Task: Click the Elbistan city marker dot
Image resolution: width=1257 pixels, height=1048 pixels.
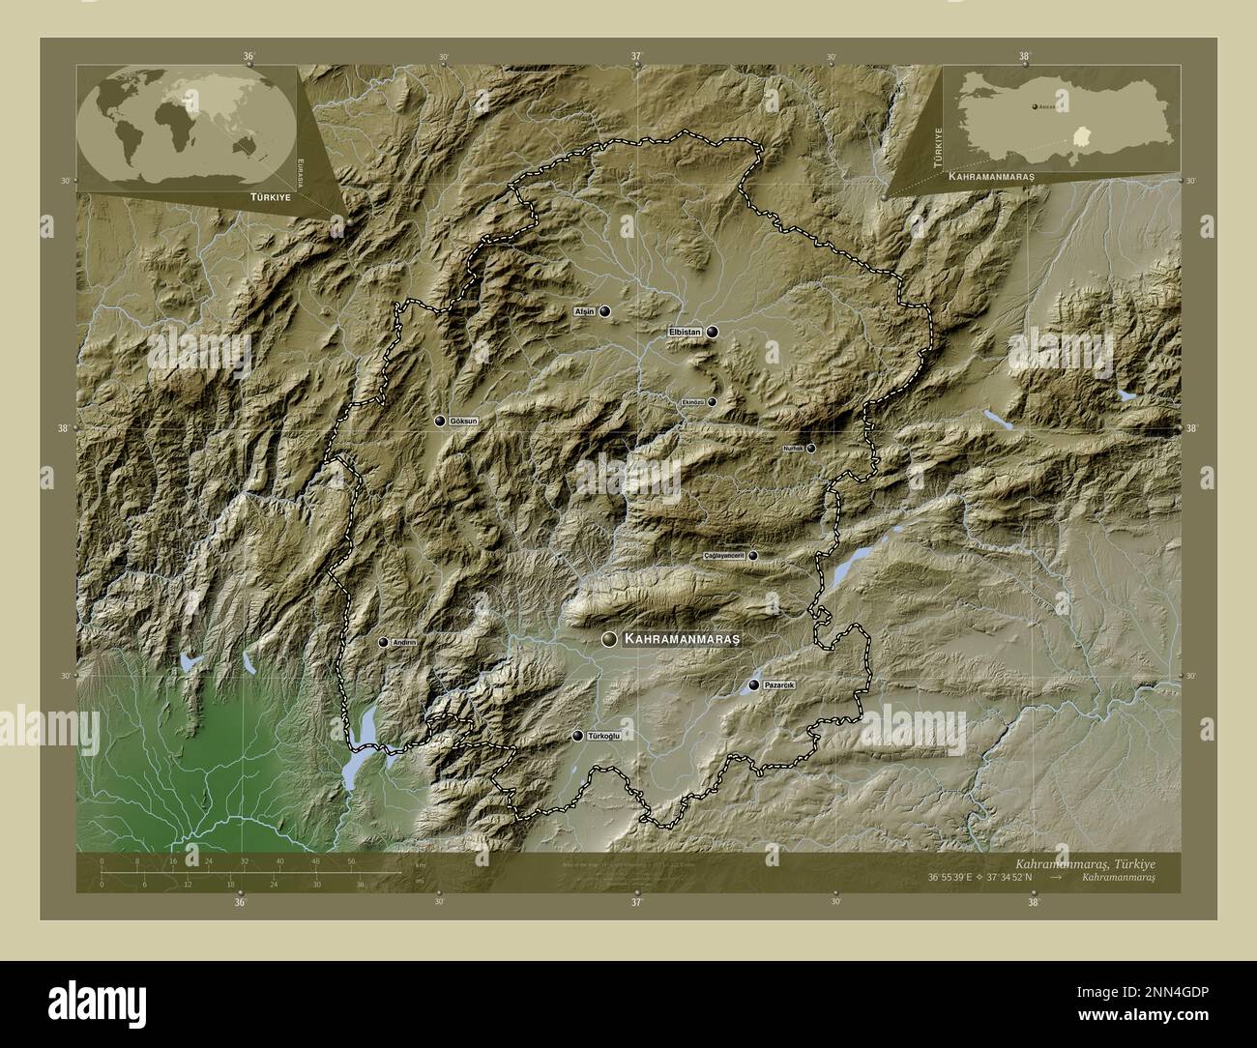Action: pyautogui.click(x=713, y=332)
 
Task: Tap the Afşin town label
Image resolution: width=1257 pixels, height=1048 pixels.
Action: pyautogui.click(x=583, y=312)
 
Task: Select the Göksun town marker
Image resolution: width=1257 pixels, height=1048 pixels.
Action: pyautogui.click(x=440, y=421)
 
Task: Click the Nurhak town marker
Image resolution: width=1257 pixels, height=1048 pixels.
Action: pyautogui.click(x=811, y=448)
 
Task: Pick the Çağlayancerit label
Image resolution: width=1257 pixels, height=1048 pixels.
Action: pyautogui.click(x=724, y=556)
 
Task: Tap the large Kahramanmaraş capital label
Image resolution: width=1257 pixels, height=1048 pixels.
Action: pyautogui.click(x=682, y=640)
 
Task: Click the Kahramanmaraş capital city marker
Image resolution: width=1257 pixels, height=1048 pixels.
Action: pyautogui.click(x=609, y=640)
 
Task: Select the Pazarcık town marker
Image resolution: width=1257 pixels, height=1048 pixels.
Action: pyautogui.click(x=753, y=684)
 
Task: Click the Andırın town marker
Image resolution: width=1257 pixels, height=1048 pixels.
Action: pyautogui.click(x=383, y=642)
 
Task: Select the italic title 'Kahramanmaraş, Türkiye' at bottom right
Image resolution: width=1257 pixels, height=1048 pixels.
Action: pyautogui.click(x=1084, y=861)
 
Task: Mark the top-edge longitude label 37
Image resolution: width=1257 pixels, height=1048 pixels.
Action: pyautogui.click(x=636, y=56)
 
